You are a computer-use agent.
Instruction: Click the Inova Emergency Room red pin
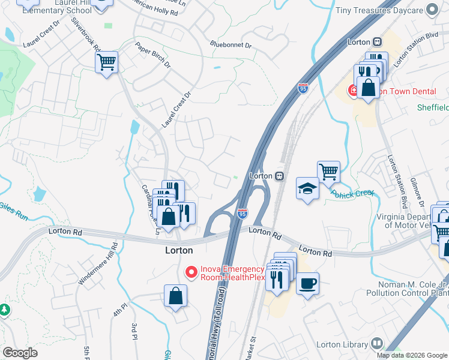pyautogui.click(x=191, y=272)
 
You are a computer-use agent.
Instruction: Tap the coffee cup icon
pyautogui.click(x=307, y=283)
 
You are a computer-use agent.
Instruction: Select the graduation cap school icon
pyautogui.click(x=307, y=189)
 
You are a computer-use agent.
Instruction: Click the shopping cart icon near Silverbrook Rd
pyautogui.click(x=106, y=61)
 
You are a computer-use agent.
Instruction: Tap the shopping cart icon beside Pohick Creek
pyautogui.click(x=328, y=172)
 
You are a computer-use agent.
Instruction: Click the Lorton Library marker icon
pyautogui.click(x=376, y=344)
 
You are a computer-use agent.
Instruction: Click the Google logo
pyautogui.click(x=20, y=352)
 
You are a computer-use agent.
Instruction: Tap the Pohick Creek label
pyautogui.click(x=352, y=193)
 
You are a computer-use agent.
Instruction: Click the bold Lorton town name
pyautogui.click(x=179, y=250)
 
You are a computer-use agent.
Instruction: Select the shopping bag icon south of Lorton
pyautogui.click(x=175, y=296)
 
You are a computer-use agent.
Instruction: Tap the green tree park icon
pyautogui.click(x=5, y=310)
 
